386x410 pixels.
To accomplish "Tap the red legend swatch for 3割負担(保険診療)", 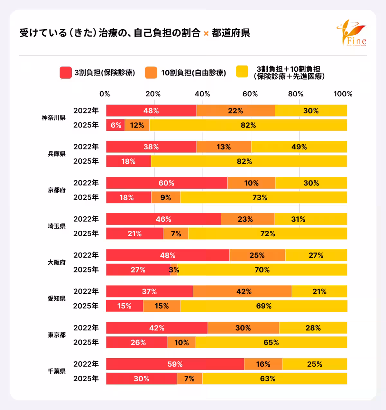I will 66,73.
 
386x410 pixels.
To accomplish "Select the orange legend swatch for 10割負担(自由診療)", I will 151,73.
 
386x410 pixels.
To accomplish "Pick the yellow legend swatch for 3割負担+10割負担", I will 242,72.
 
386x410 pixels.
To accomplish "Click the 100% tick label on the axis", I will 343,94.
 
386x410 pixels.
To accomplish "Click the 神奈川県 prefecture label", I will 53,118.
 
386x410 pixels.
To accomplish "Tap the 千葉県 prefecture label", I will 57,371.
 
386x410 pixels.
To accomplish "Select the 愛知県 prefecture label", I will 57,299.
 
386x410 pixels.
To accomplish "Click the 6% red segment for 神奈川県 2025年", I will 115,125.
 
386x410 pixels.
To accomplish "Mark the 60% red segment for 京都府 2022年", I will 166,183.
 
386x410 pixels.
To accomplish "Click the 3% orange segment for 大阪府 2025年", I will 174,270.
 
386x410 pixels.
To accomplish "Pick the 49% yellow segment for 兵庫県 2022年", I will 299,147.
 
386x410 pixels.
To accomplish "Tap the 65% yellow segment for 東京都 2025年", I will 271,342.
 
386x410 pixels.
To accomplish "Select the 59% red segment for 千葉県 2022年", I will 175,364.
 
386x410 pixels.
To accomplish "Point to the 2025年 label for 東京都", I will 86,342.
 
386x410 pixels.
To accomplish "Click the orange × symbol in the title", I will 206,33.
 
